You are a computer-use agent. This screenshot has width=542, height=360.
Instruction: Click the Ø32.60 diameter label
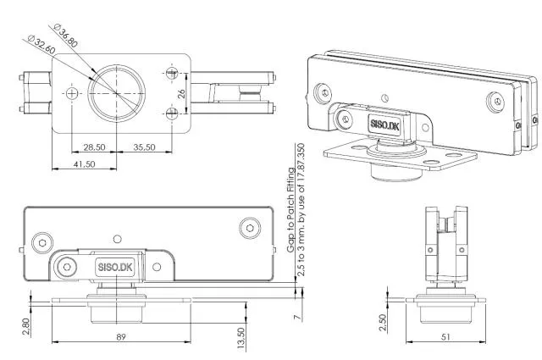click(x=42, y=45)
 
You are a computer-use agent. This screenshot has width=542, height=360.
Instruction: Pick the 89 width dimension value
click(x=121, y=337)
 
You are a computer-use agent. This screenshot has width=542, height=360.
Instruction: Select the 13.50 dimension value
click(x=241, y=336)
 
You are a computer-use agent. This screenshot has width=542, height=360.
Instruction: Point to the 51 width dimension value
click(x=445, y=337)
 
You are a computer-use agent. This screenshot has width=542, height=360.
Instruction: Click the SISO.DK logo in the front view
click(x=115, y=266)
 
